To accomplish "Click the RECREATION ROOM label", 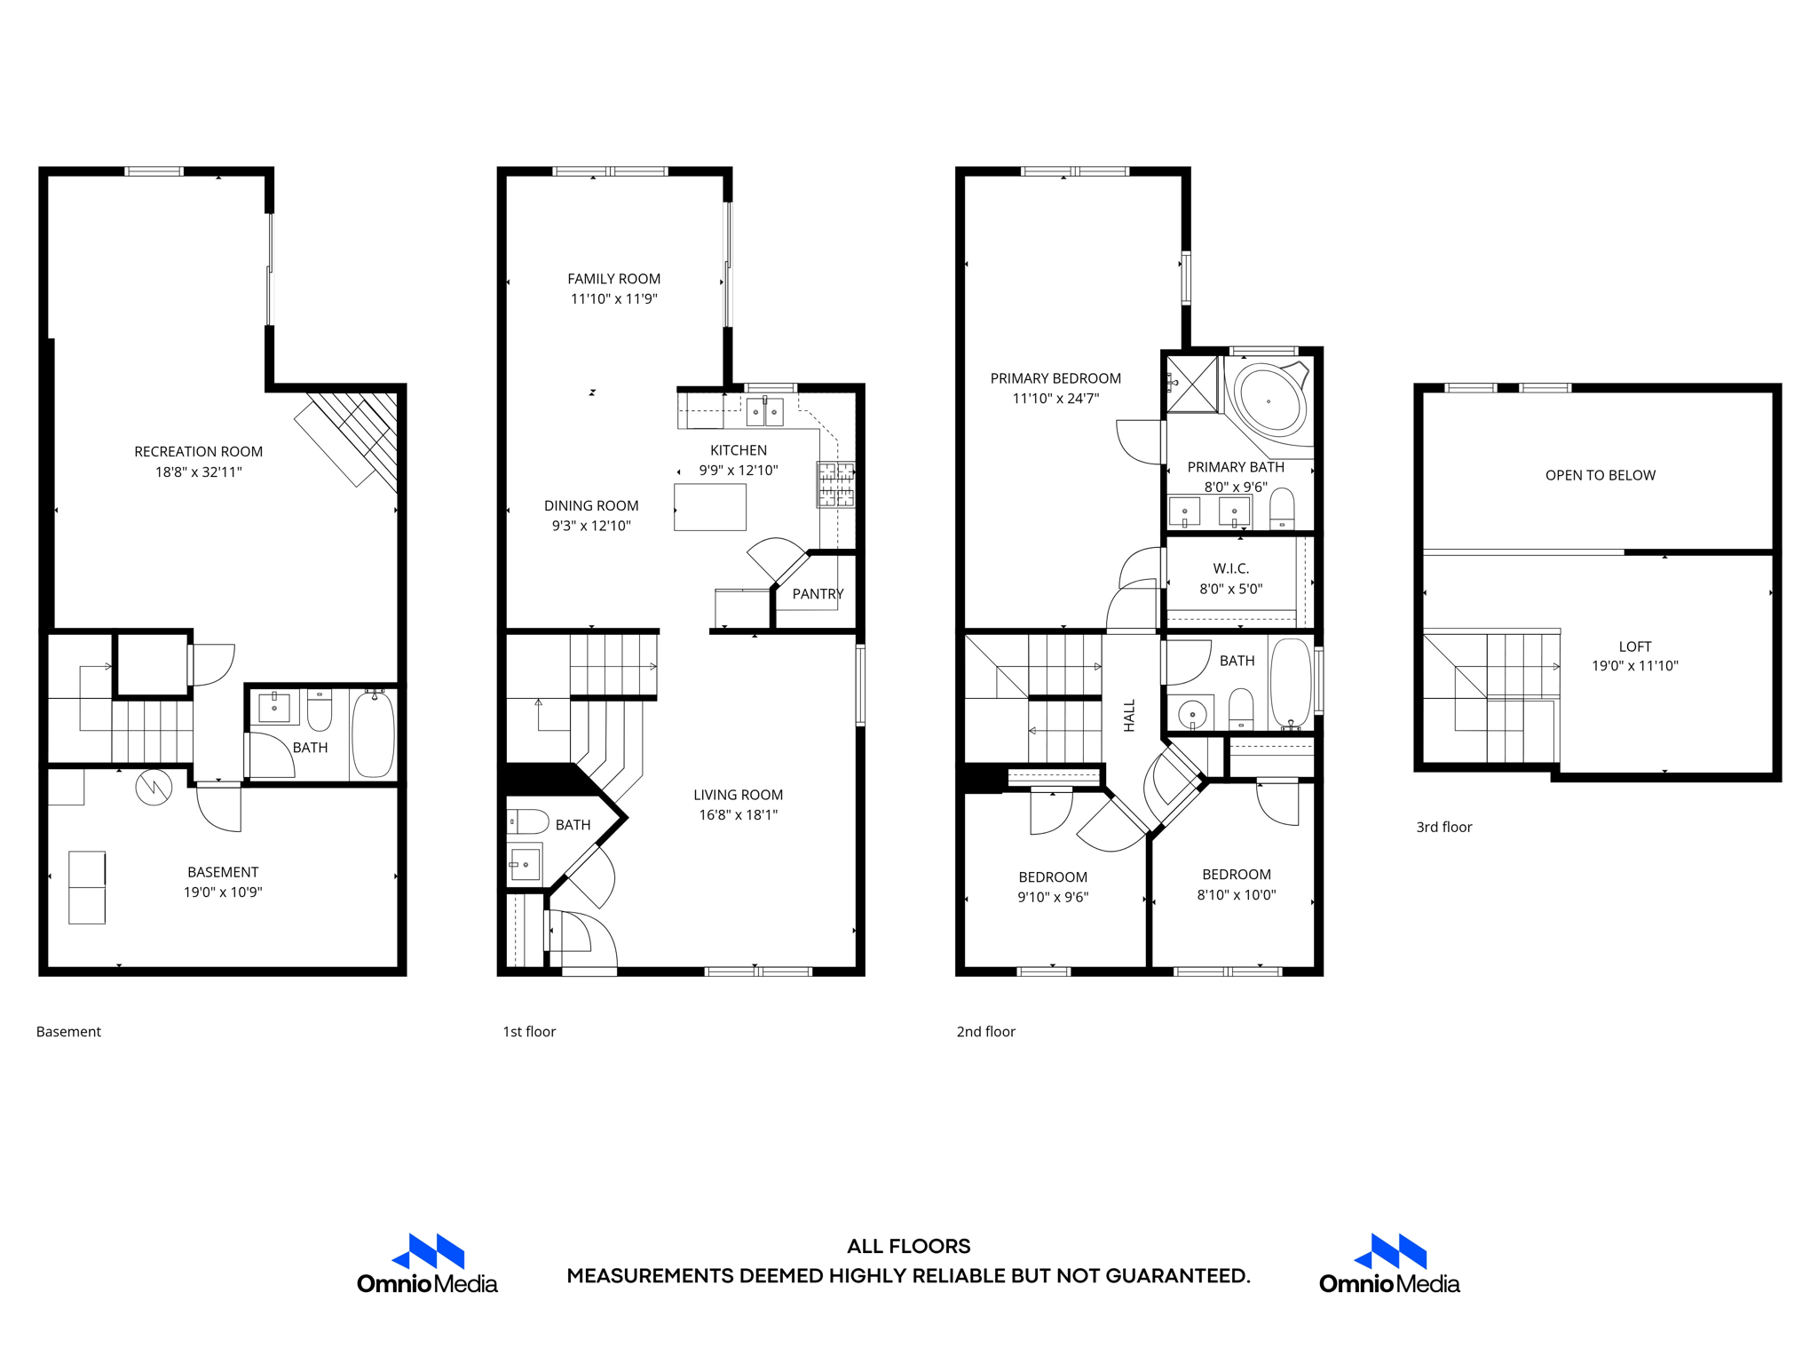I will click(x=198, y=451).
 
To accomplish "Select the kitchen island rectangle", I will click(x=709, y=507).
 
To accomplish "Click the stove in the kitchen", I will click(x=835, y=485).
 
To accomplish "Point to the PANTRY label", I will click(x=817, y=594).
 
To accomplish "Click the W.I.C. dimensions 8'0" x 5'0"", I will click(x=1230, y=589).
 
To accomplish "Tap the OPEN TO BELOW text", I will click(x=1600, y=475).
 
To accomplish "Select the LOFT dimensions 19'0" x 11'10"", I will click(x=1634, y=666).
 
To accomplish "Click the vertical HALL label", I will click(x=1129, y=716).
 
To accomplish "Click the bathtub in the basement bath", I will click(x=373, y=736).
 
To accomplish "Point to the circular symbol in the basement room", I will click(x=154, y=787).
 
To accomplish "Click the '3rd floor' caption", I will click(x=1443, y=827).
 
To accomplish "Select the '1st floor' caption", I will click(x=529, y=1031).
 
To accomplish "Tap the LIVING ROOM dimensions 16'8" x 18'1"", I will click(x=738, y=815).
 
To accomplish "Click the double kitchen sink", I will click(x=764, y=412).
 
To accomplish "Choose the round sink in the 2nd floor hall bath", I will click(x=1192, y=714).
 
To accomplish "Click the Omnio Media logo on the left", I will click(x=427, y=1265).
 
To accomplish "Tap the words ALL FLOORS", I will click(x=908, y=1246).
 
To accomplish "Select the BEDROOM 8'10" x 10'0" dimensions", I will click(x=1236, y=895).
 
